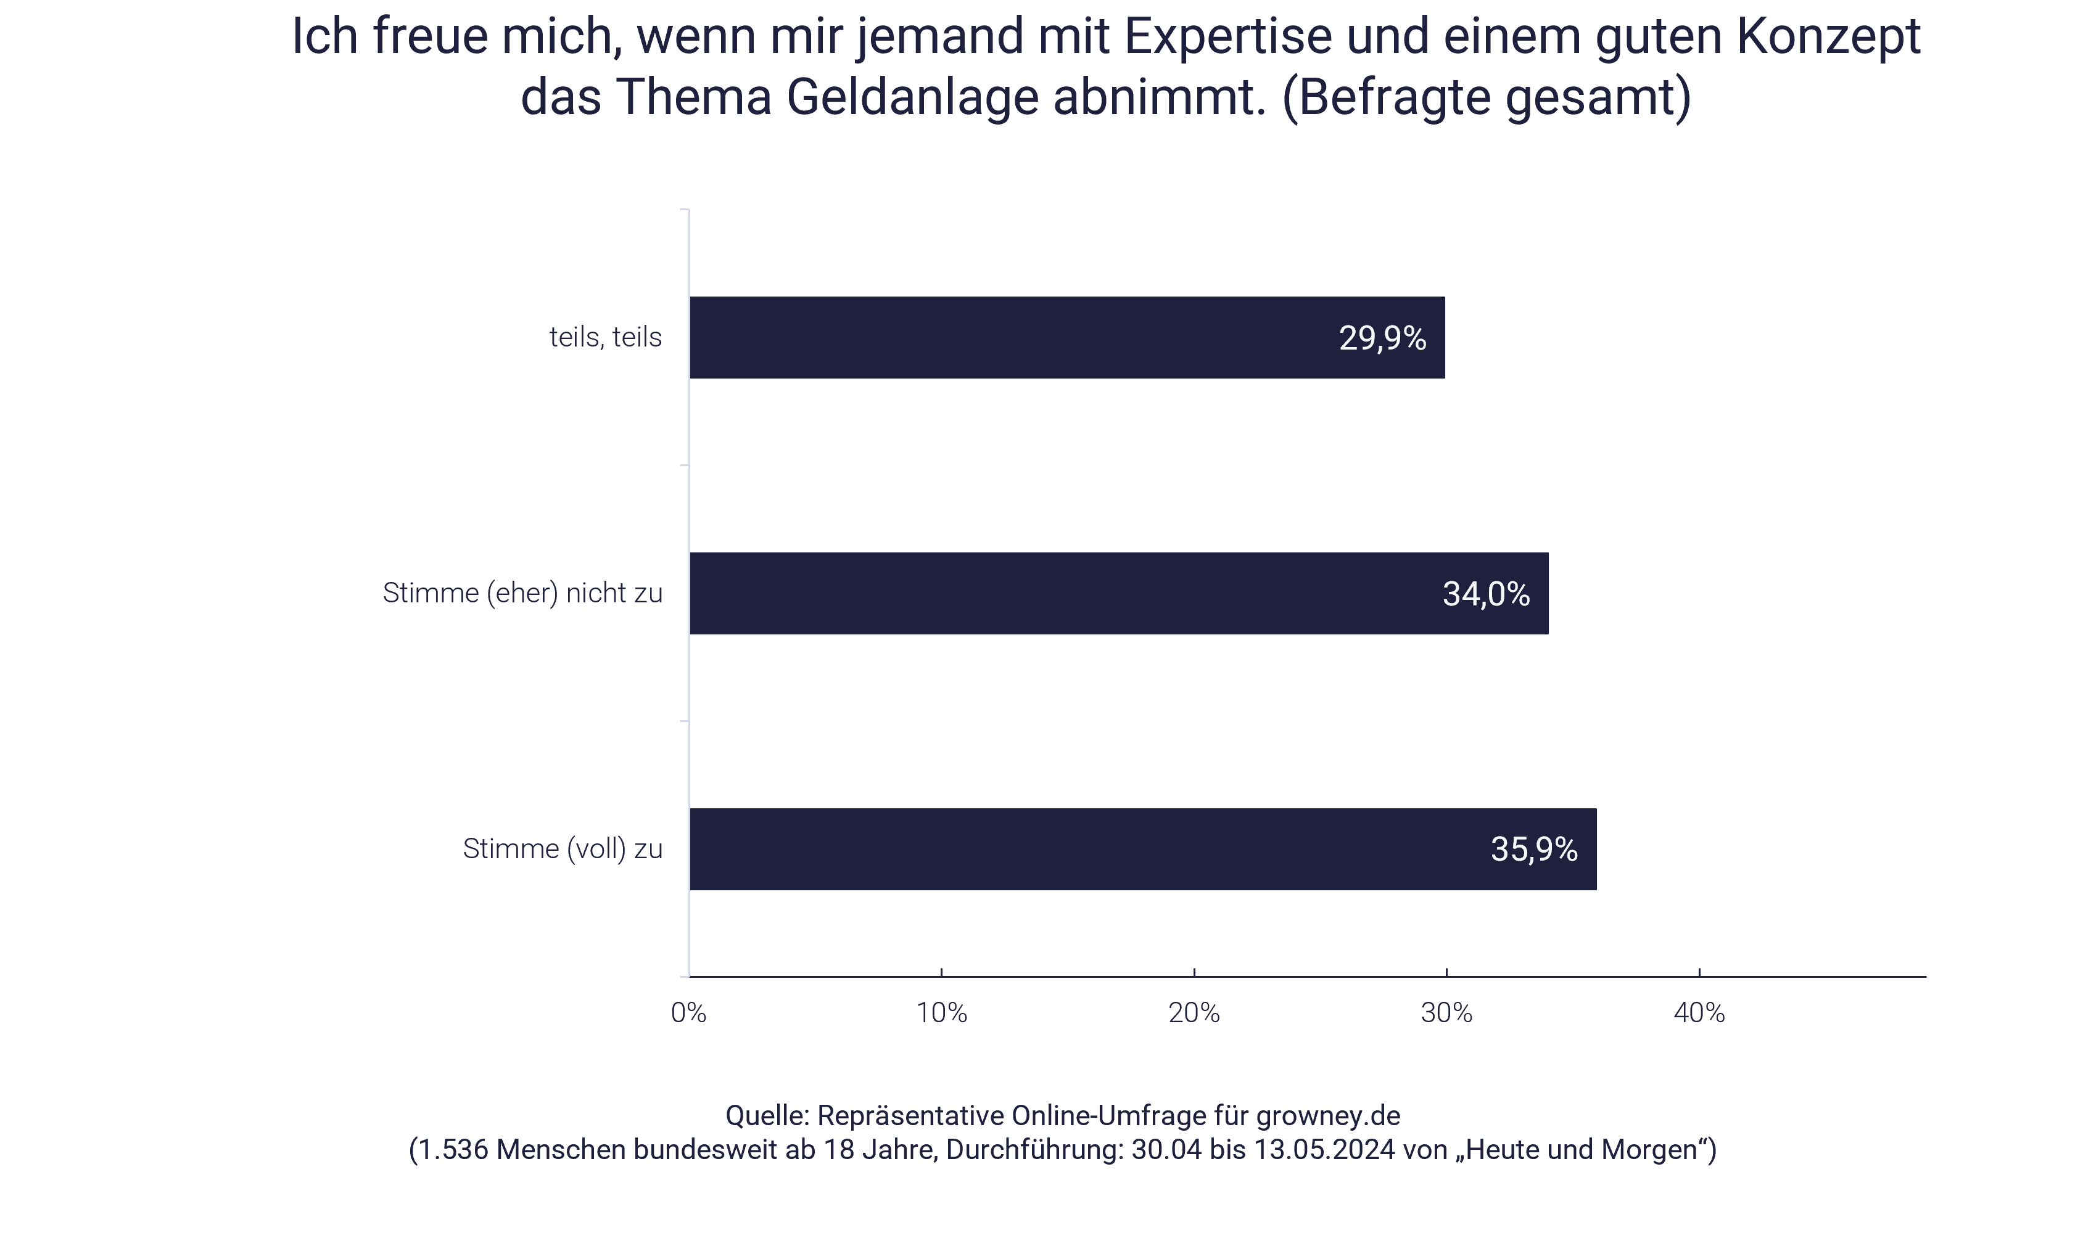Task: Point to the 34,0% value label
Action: tap(1486, 594)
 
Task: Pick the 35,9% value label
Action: tap(1533, 849)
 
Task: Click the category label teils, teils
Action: tap(605, 337)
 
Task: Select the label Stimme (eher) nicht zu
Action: tap(522, 593)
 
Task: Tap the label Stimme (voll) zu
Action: tap(562, 849)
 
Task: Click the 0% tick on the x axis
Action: tap(689, 1012)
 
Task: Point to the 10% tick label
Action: tap(941, 1012)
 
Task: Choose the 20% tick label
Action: tap(1194, 1012)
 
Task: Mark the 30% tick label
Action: tap(1446, 1012)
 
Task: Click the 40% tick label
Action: tap(1699, 1012)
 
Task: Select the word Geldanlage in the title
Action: tap(912, 97)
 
